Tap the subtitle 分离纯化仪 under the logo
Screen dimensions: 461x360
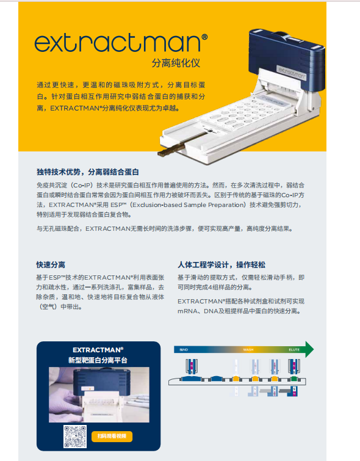[x=176, y=63]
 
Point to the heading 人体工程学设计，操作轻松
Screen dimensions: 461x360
[x=221, y=265]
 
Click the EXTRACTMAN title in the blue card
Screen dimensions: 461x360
[x=98, y=350]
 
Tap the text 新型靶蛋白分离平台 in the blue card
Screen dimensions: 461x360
[x=98, y=360]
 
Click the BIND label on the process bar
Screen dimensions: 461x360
[x=182, y=350]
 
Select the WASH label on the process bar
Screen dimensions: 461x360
[x=248, y=350]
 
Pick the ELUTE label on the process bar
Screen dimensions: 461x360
[x=293, y=350]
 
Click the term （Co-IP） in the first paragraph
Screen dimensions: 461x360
[x=85, y=184]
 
